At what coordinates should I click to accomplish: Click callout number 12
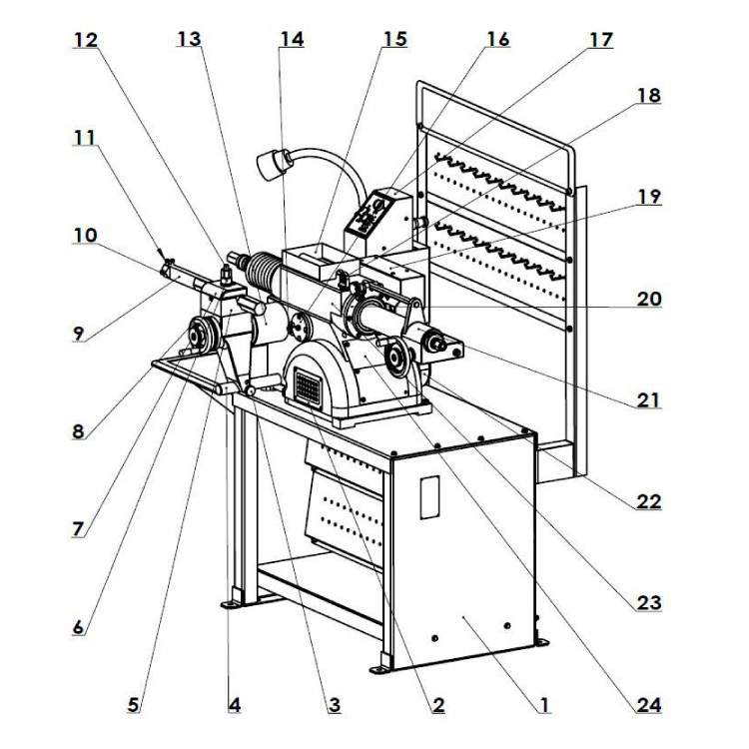point(86,41)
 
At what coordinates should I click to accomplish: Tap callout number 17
point(600,41)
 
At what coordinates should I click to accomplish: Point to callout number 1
point(544,705)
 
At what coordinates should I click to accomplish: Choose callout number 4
point(234,705)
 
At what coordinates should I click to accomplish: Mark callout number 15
point(393,41)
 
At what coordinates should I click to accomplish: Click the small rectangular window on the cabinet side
point(429,496)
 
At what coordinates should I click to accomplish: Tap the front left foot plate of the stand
point(232,603)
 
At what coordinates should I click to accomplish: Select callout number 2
point(437,705)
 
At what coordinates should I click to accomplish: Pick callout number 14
point(291,41)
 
